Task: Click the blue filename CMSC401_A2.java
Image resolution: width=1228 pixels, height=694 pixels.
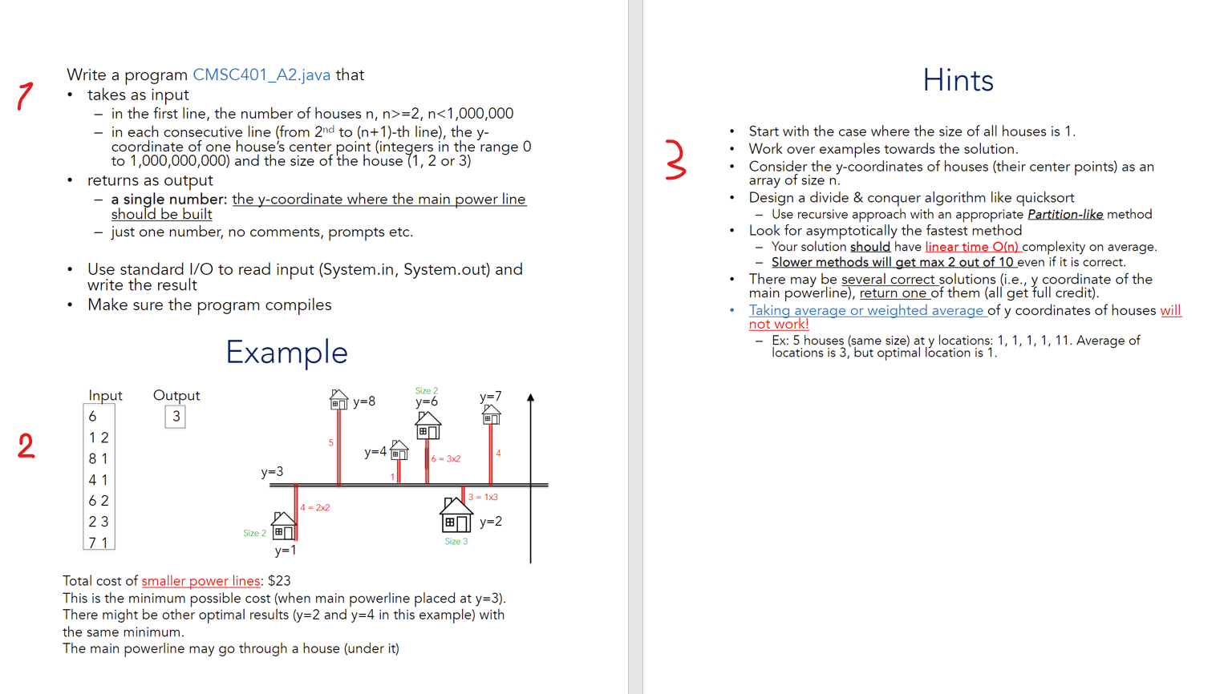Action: tap(261, 75)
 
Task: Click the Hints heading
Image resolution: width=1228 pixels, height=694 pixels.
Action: tap(958, 80)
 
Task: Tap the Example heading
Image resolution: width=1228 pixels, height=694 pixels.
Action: tap(286, 353)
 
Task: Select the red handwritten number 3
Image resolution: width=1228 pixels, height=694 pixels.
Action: tap(675, 159)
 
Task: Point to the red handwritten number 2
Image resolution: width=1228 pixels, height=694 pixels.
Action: tap(26, 446)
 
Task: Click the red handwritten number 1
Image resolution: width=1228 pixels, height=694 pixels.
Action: tap(25, 95)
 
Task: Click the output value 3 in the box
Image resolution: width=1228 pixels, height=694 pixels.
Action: tap(176, 417)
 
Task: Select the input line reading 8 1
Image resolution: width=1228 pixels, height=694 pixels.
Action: tap(99, 458)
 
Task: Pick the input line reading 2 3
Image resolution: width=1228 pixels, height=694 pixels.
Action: tap(99, 522)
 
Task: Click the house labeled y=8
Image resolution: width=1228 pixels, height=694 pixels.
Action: tap(338, 399)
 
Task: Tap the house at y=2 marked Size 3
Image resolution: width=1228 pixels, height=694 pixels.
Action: tap(456, 515)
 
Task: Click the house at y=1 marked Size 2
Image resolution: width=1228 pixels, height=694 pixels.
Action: tap(283, 526)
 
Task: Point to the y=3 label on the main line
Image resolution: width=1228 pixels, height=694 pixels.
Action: tap(272, 472)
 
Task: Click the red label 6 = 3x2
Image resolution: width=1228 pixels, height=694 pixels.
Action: tap(446, 459)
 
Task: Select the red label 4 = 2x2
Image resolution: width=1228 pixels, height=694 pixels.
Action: tap(315, 507)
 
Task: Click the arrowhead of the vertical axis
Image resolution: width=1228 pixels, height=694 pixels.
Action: tap(530, 397)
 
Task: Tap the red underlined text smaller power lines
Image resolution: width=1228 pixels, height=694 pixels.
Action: tap(201, 581)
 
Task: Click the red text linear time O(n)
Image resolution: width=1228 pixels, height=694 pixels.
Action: tap(971, 247)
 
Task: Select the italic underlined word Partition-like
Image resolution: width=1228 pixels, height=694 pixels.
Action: tap(1064, 214)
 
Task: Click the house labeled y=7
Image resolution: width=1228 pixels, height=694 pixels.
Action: tap(491, 414)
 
